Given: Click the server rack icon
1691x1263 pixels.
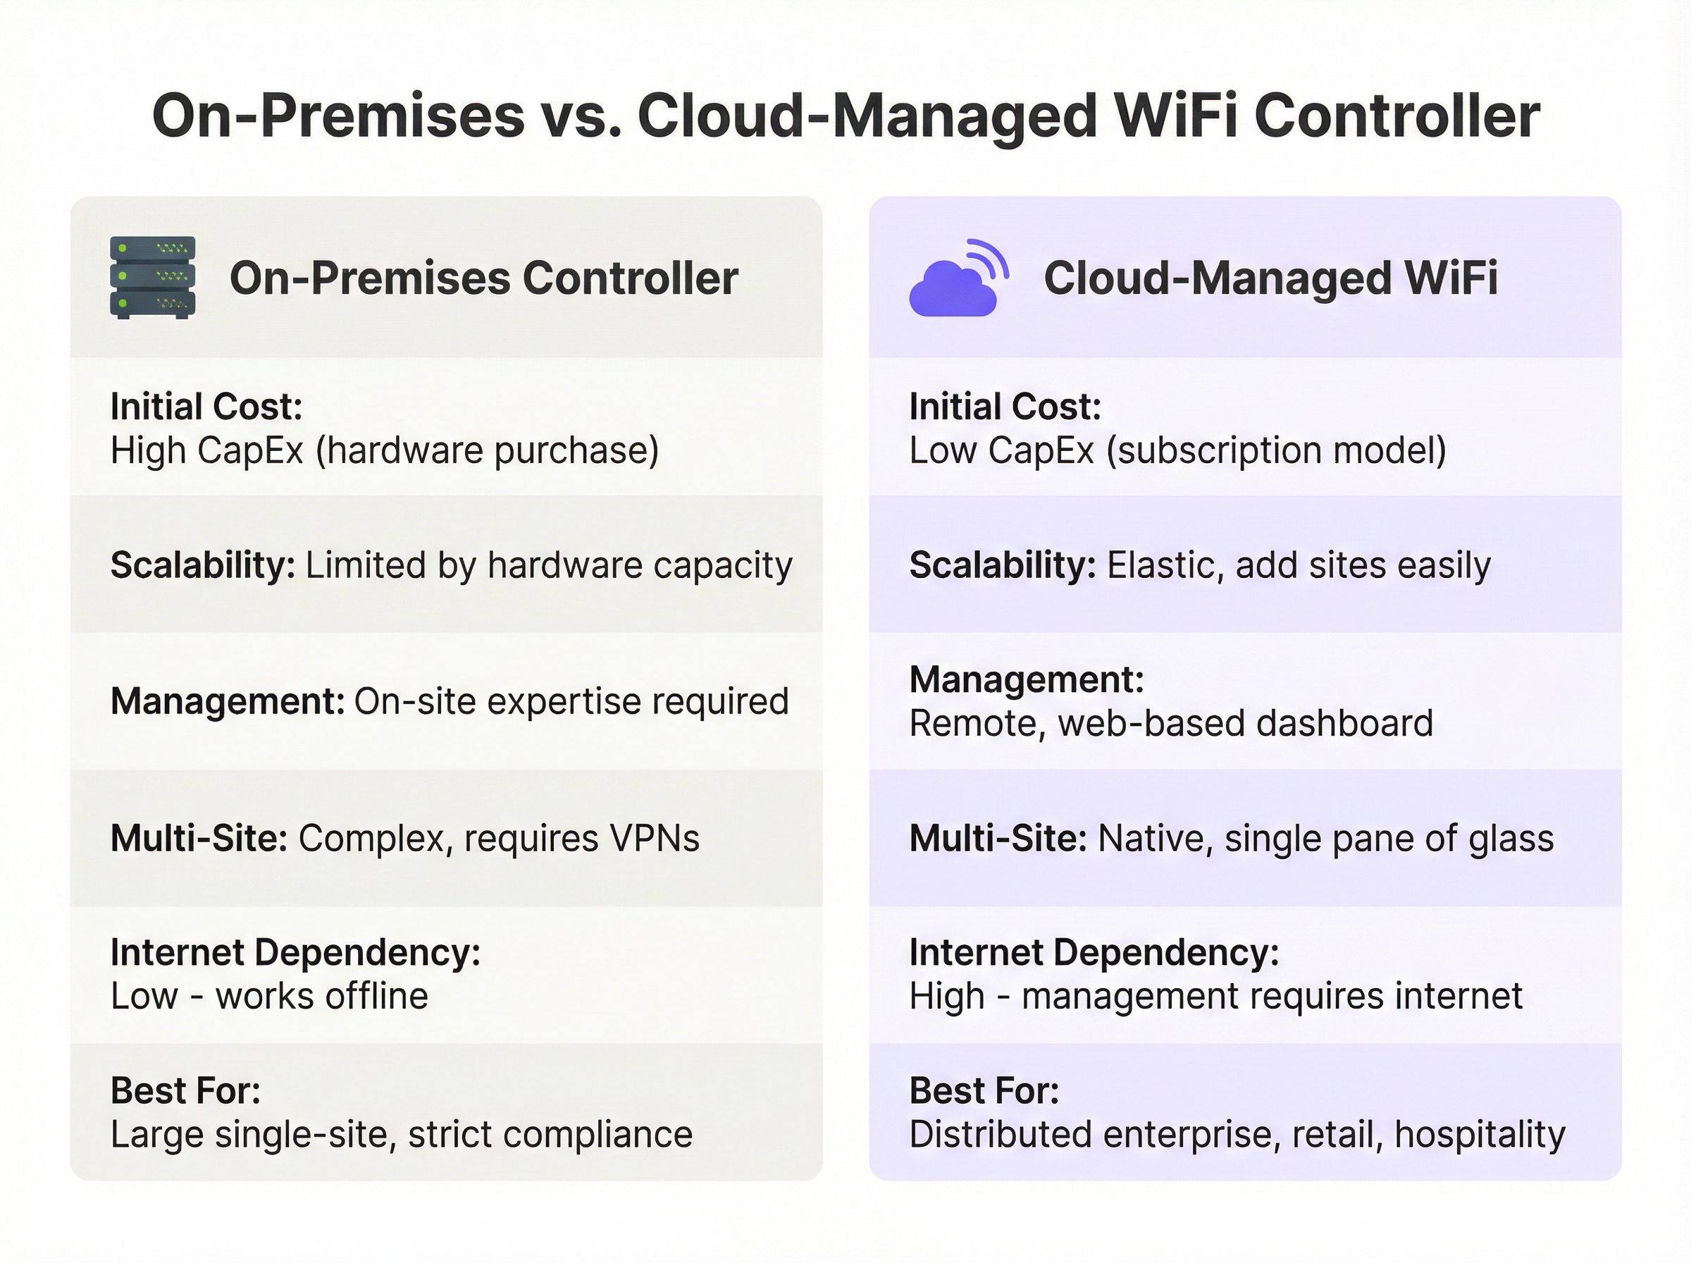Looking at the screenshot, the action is click(153, 277).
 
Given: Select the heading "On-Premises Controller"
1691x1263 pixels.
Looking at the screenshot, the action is click(483, 278).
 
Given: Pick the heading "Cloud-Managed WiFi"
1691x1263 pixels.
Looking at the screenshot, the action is click(1271, 278).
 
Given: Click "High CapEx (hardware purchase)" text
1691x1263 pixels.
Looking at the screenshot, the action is click(385, 450).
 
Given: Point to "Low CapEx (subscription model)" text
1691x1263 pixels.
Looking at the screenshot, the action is click(1177, 450).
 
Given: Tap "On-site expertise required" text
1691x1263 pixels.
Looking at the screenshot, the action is click(571, 701).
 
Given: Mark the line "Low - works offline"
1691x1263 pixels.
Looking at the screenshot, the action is click(270, 996).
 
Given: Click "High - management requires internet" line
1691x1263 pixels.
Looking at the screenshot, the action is click(1215, 996).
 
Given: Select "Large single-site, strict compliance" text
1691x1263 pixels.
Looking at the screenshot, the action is click(402, 1135).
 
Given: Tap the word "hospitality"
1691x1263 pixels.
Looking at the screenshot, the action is click(1480, 1135).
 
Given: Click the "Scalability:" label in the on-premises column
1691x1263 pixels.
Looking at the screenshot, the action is click(203, 566).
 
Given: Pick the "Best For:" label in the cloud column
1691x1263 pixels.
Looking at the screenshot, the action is click(984, 1091).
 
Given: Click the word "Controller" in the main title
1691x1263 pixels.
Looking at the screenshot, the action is click(1396, 116).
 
